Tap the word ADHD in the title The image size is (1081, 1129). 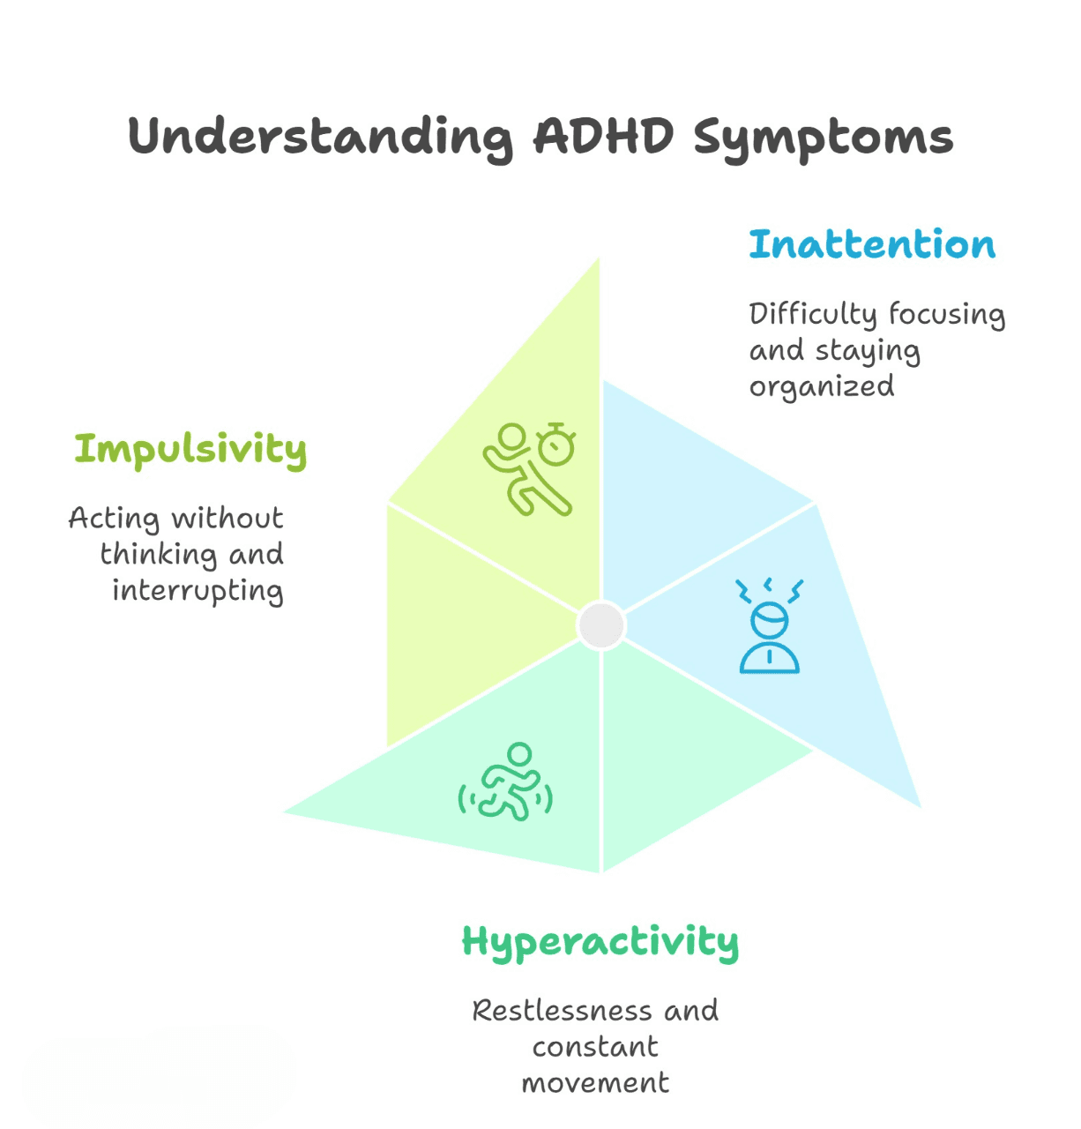pyautogui.click(x=604, y=137)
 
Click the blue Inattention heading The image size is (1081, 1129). pyautogui.click(x=872, y=244)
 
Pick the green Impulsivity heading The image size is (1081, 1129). pyautogui.click(x=190, y=450)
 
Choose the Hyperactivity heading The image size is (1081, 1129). pyautogui.click(x=600, y=943)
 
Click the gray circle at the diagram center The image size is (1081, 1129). pyautogui.click(x=601, y=625)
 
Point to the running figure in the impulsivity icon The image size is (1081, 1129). pyautogui.click(x=520, y=472)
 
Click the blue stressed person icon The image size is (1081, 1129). pyautogui.click(x=770, y=627)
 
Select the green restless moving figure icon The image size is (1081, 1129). pyautogui.click(x=506, y=782)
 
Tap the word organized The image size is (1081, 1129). pyautogui.click(x=822, y=387)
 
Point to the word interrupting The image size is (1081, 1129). pyautogui.click(x=198, y=591)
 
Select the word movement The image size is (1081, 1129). pyautogui.click(x=595, y=1083)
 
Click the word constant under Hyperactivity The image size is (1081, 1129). pyautogui.click(x=595, y=1047)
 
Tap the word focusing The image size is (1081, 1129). pyautogui.click(x=947, y=315)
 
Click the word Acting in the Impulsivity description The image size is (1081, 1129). pyautogui.click(x=114, y=519)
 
